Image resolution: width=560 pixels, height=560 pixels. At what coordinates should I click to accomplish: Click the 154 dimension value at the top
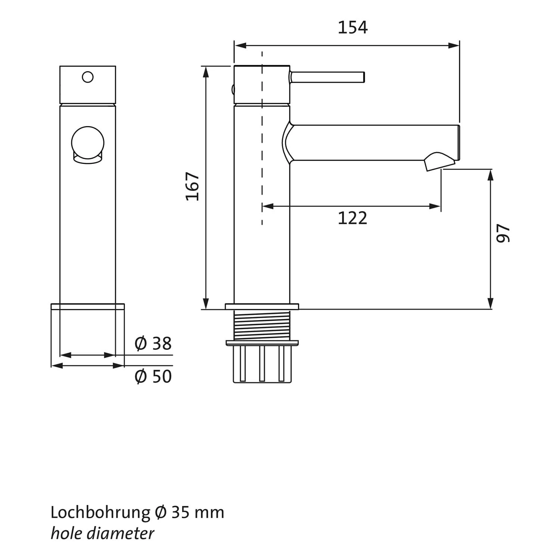pyautogui.click(x=352, y=28)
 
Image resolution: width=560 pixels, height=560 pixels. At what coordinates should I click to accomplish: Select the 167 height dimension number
pyautogui.click(x=193, y=186)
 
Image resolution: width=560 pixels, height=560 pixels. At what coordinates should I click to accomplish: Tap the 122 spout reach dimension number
pyautogui.click(x=352, y=218)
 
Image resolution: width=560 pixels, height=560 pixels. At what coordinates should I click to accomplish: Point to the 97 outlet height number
pyautogui.click(x=503, y=233)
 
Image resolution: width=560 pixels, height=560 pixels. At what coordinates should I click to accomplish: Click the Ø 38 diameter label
pyautogui.click(x=153, y=343)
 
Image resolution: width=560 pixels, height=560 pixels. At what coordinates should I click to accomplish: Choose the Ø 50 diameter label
pyautogui.click(x=153, y=376)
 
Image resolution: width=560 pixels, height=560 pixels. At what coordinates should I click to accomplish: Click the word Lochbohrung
pyautogui.click(x=100, y=513)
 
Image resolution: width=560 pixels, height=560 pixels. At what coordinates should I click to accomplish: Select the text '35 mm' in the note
pyautogui.click(x=197, y=513)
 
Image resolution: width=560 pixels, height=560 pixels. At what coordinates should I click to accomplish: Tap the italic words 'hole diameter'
pyautogui.click(x=102, y=533)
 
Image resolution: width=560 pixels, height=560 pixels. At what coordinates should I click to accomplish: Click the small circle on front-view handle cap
pyautogui.click(x=88, y=77)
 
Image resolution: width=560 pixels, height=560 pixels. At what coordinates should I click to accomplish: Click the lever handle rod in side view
pyautogui.click(x=327, y=77)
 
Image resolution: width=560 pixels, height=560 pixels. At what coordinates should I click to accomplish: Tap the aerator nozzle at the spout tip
pyautogui.click(x=439, y=161)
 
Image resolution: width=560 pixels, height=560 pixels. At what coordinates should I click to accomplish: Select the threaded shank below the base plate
pyautogui.click(x=262, y=325)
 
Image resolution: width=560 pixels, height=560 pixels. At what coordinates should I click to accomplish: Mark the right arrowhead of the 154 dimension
pyautogui.click(x=454, y=46)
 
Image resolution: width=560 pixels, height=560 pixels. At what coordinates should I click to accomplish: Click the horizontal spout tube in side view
pyautogui.click(x=373, y=143)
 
